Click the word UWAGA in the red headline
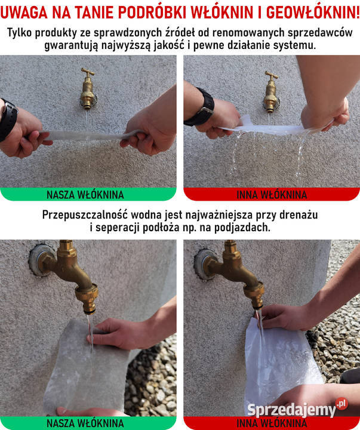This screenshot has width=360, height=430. coord(24,13)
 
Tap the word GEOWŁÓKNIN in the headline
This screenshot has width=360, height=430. coord(313,13)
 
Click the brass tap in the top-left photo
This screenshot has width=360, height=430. coord(88,88)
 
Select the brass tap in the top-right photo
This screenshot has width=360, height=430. coord(271,92)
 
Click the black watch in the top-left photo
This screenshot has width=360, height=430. coord(8,120)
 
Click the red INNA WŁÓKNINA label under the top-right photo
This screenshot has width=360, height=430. coord(272,195)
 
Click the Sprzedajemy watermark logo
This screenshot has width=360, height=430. coord(297,408)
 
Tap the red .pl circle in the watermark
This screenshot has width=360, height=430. coord(341,404)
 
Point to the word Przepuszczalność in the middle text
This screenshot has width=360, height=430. coord(85,215)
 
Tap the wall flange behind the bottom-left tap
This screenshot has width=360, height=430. coord(41,260)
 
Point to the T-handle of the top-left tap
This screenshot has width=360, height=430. coord(88,72)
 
